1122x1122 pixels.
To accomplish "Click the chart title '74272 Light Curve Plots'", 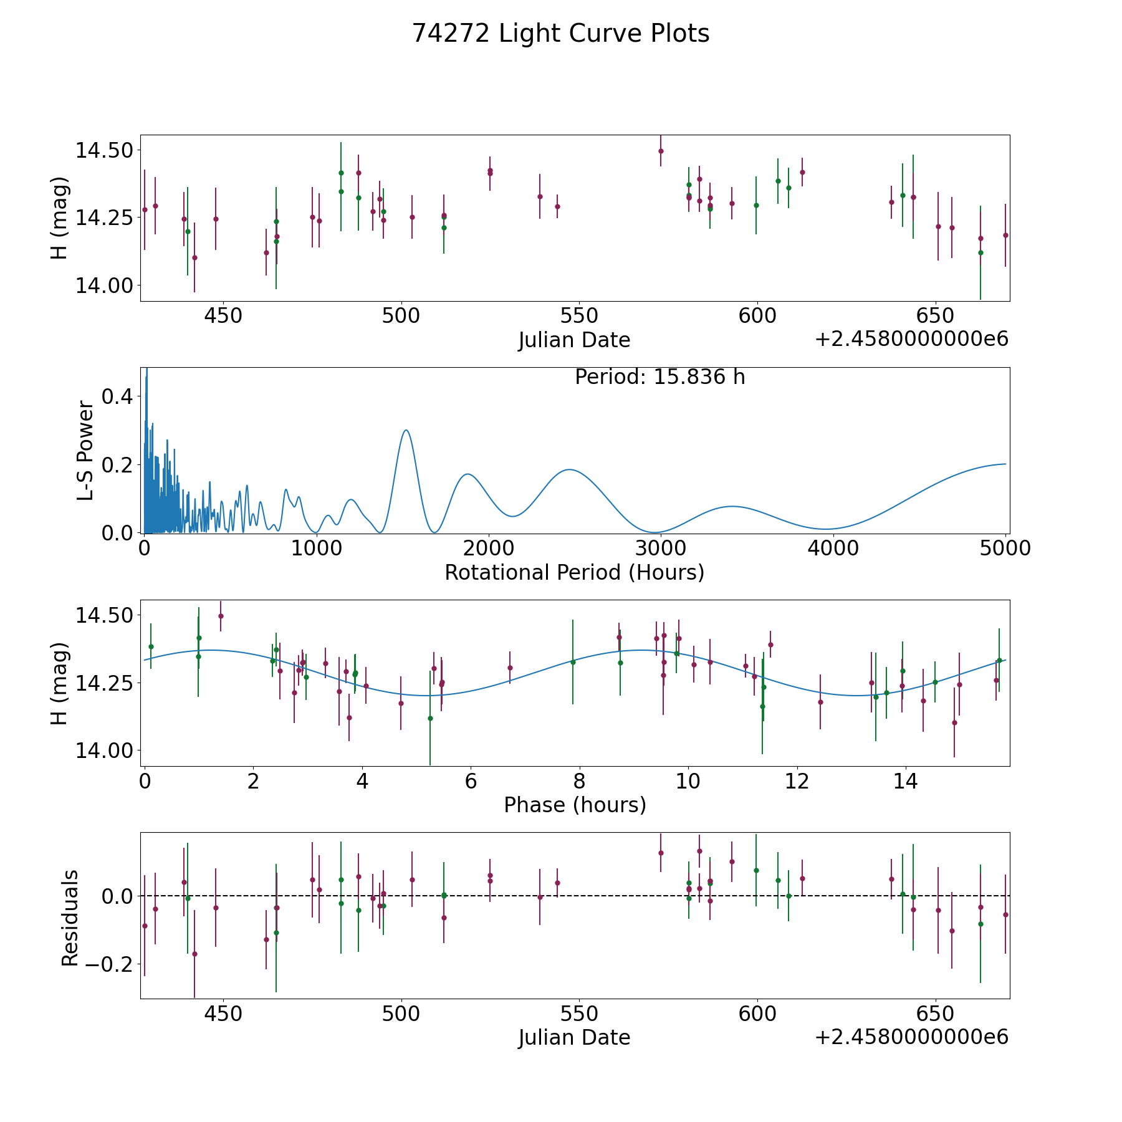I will pos(560,34).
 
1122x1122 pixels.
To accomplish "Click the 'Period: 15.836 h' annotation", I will pos(659,377).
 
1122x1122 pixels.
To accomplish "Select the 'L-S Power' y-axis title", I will pos(86,450).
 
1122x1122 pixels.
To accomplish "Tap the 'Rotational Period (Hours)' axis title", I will pos(574,572).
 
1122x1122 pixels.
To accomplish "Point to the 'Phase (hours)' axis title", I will pos(575,805).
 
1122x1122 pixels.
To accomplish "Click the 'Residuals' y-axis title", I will pos(70,918).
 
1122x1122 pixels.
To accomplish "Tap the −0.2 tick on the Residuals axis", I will pos(106,964).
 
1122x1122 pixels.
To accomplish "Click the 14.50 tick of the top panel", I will pos(103,151).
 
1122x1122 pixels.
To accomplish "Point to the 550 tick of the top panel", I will pos(579,316).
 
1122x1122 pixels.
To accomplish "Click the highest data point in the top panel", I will pos(661,151).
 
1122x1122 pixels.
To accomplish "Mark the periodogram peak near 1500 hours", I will pos(406,430).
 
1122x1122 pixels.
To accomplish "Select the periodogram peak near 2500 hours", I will pos(569,469).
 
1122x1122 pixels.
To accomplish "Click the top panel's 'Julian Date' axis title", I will pos(574,340).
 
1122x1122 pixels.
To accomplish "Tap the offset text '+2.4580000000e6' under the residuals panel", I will pos(911,1037).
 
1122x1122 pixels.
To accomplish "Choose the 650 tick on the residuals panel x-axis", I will pos(935,1014).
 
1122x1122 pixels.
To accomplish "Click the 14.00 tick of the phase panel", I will pos(103,750).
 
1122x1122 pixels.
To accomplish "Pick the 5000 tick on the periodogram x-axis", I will pos(1005,549).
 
